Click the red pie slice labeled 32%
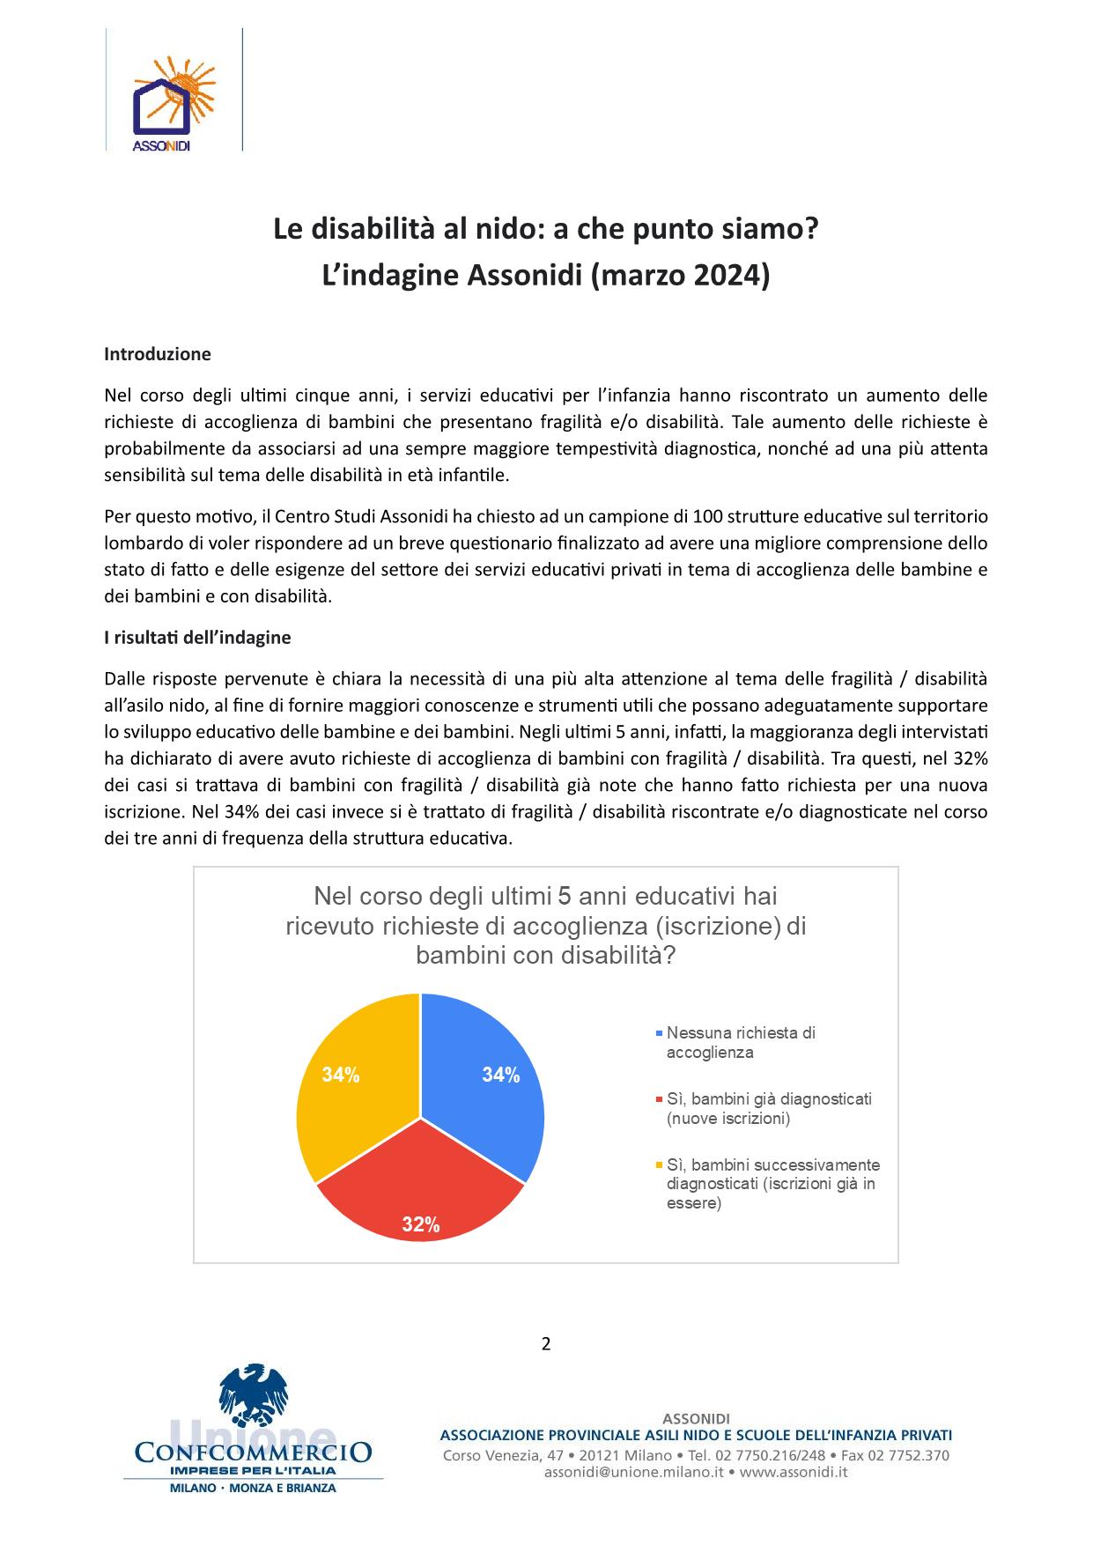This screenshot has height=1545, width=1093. tap(421, 1189)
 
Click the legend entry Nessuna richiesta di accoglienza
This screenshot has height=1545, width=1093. tap(740, 1042)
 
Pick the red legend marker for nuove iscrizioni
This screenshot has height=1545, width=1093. tap(659, 1099)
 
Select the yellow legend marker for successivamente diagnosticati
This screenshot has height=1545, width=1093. tap(659, 1165)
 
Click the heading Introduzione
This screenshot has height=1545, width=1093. tap(158, 354)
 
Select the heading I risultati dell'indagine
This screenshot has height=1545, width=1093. tap(197, 637)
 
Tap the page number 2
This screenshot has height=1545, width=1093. tap(546, 1344)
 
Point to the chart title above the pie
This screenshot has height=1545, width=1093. tap(546, 926)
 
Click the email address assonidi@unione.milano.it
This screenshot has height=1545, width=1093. tap(633, 1472)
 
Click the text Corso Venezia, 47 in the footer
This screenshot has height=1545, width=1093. tap(503, 1455)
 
